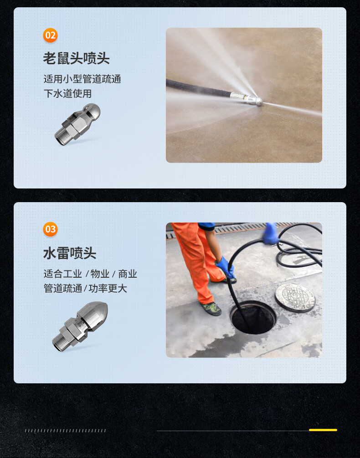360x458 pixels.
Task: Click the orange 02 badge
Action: coord(50,36)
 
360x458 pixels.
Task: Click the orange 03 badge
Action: coord(50,229)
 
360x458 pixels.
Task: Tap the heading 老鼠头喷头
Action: coord(76,58)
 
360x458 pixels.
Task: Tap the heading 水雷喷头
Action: coord(70,253)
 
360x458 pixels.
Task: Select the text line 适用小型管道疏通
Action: coord(82,79)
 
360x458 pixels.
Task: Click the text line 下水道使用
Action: coord(67,93)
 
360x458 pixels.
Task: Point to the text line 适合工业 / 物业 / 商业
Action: coord(90,274)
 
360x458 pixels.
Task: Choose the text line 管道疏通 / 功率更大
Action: coord(85,288)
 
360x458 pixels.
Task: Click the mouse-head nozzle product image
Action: coord(77,124)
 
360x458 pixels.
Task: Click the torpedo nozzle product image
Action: coord(80,326)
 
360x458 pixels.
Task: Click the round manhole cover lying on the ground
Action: coord(295,297)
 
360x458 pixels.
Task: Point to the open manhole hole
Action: coord(253,317)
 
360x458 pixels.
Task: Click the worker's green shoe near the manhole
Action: coord(211,309)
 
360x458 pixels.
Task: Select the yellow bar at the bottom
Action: coord(323,430)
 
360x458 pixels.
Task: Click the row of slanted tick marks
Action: coord(66,431)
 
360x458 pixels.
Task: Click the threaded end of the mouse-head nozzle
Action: coord(62,137)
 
